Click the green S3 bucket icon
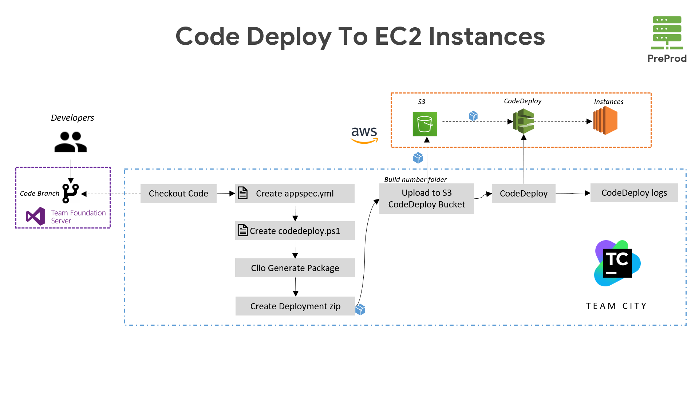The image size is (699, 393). [x=424, y=124]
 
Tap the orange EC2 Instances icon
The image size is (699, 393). [x=605, y=121]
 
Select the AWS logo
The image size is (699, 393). [x=364, y=135]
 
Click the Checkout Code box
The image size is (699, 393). [x=178, y=193]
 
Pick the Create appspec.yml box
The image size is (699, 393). [x=295, y=193]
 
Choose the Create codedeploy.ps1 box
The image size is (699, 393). [x=295, y=231]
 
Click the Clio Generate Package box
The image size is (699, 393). [x=295, y=268]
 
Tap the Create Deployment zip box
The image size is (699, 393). [x=295, y=306]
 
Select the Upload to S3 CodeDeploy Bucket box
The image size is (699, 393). [x=426, y=198]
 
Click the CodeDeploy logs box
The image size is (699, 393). [x=634, y=193]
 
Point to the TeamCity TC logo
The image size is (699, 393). [x=617, y=263]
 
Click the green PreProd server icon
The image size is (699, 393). [x=667, y=33]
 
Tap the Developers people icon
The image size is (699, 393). [x=71, y=142]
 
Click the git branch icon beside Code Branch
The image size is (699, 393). [x=71, y=193]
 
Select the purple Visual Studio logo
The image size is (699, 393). [x=36, y=217]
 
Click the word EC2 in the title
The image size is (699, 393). [x=398, y=36]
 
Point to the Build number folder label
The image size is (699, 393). [x=415, y=179]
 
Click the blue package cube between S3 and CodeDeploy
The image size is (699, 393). [x=473, y=116]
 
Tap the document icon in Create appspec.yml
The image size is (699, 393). [x=242, y=192]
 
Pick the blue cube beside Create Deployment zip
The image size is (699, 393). [x=360, y=309]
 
